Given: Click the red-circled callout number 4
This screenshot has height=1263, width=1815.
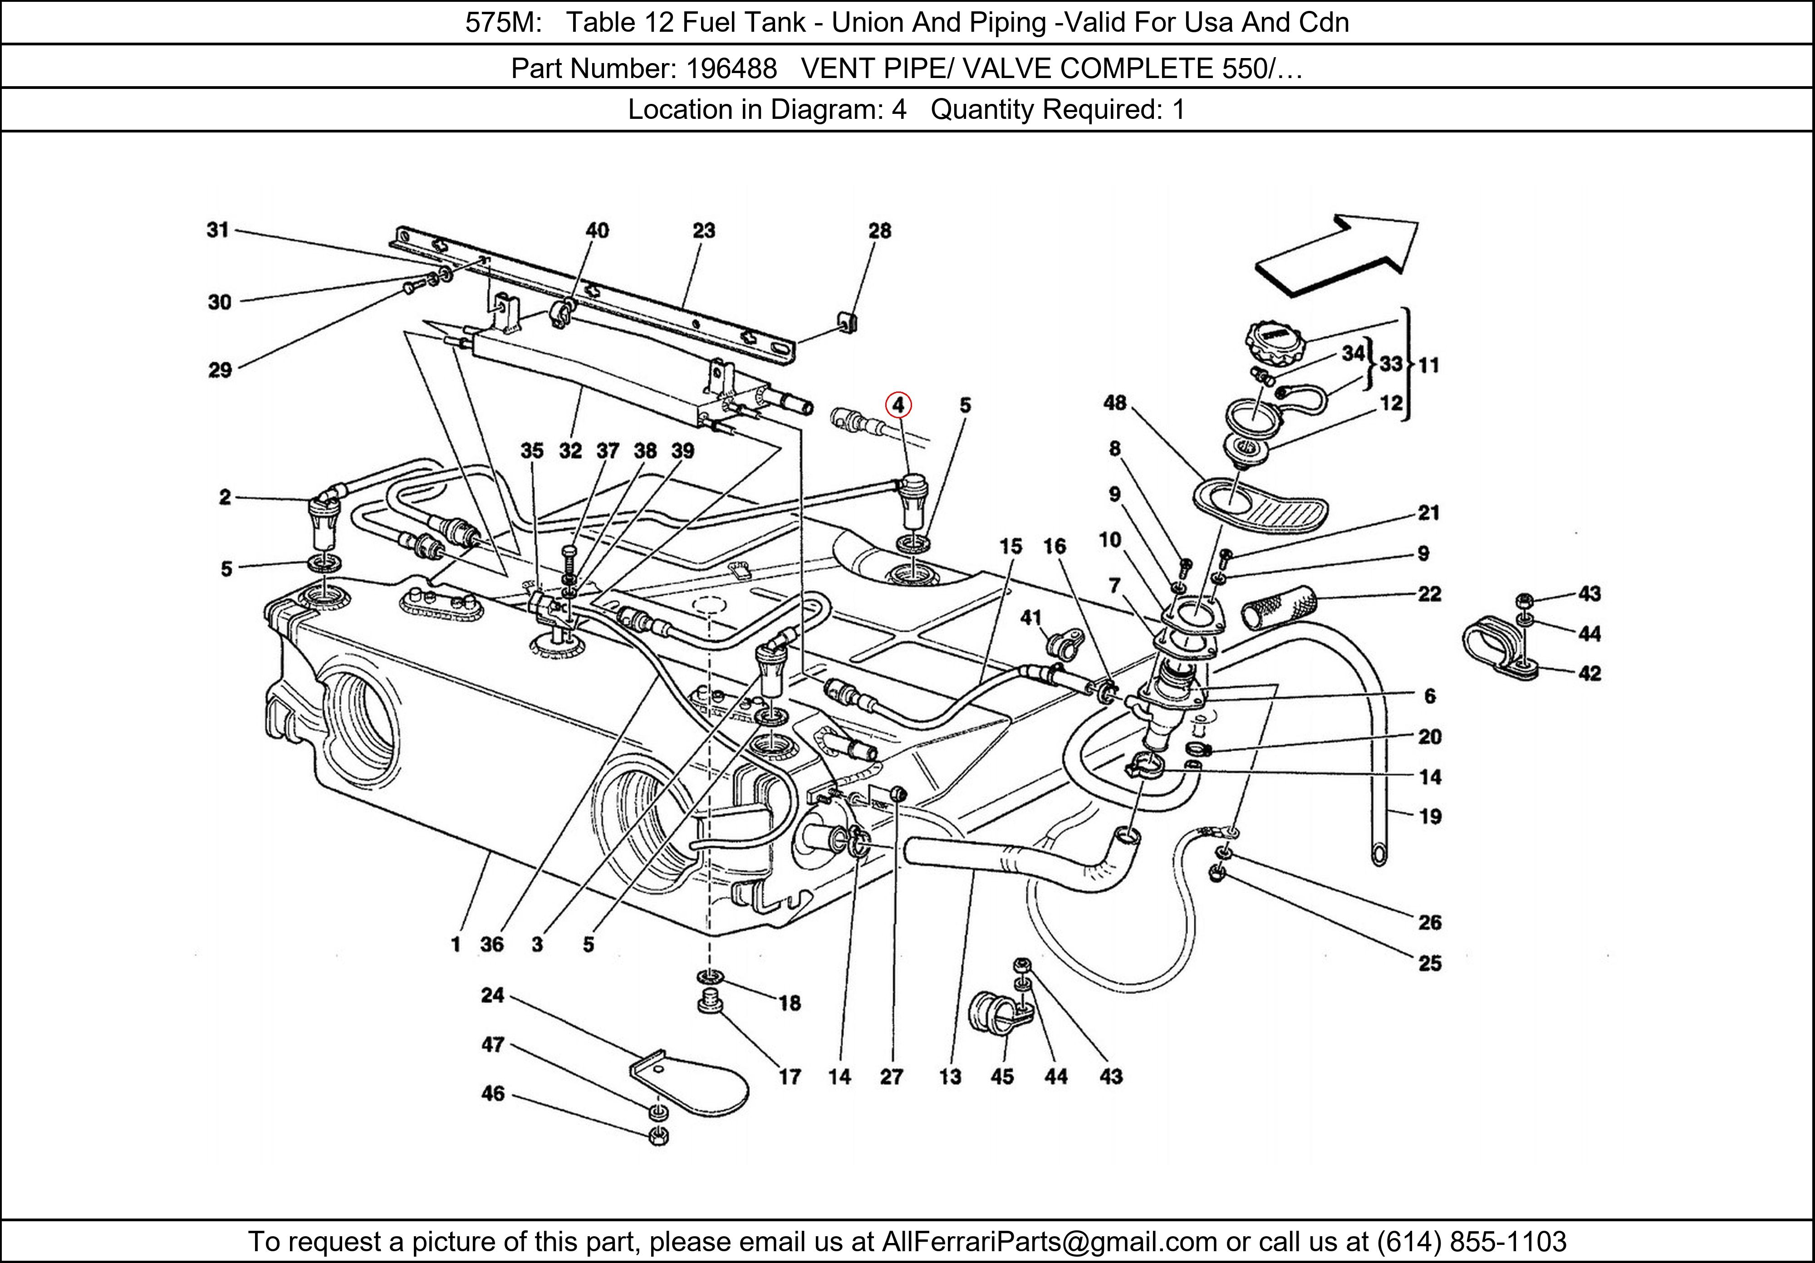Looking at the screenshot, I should tap(898, 406).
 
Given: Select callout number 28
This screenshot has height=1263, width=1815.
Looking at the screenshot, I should tap(880, 231).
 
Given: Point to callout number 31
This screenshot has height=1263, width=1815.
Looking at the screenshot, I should tap(218, 230).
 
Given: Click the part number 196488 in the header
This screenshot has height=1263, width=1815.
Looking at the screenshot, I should tap(731, 69).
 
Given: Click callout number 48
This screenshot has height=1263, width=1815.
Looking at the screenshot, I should tap(1114, 403).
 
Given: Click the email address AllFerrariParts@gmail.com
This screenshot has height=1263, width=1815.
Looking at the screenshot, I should tap(1049, 1242).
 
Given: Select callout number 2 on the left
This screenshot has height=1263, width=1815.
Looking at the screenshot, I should tap(226, 497).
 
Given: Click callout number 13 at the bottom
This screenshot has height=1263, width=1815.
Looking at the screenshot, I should tap(950, 1077).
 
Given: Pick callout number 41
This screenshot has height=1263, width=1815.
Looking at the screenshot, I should tap(1031, 617).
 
